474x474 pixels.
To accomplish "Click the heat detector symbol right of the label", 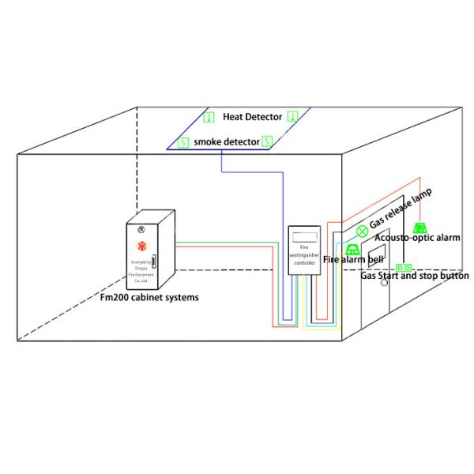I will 292,116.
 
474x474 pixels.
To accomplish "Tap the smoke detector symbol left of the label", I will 183,143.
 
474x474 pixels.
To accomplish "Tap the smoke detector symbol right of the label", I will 267,141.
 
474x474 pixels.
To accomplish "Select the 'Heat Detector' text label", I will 252,117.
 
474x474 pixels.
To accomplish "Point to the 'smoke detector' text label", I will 225,142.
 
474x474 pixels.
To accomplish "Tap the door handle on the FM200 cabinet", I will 155,263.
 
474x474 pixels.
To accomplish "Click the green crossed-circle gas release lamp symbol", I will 362,231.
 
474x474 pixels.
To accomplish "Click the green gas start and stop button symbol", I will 404,268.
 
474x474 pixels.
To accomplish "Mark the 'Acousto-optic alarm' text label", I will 417,237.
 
